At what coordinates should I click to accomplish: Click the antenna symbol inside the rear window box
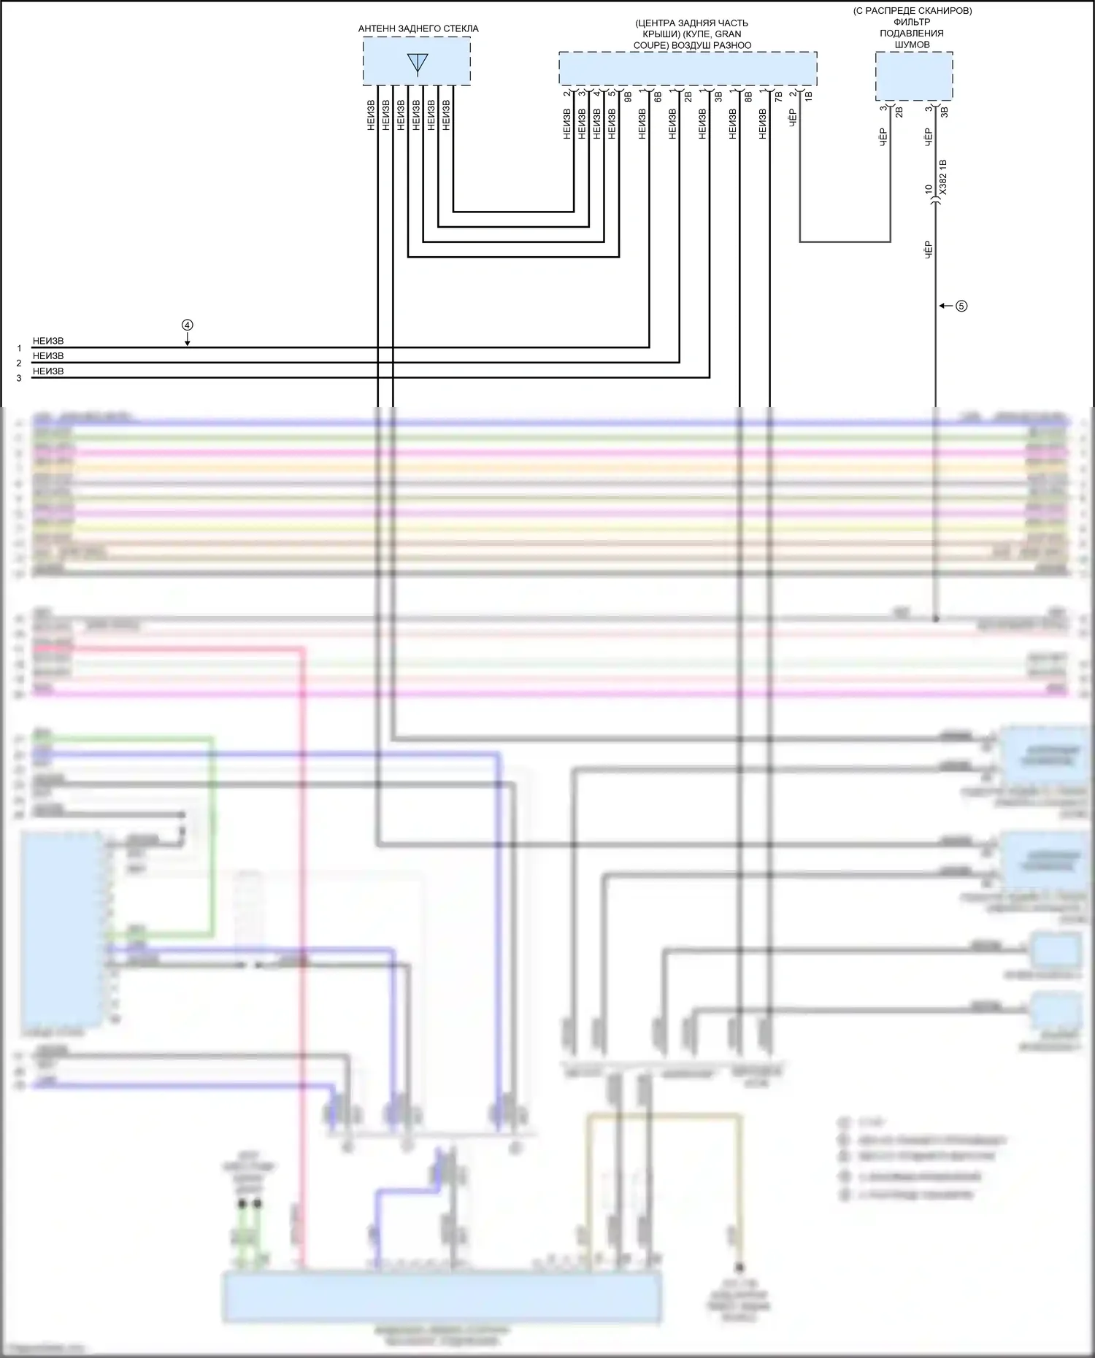point(418,63)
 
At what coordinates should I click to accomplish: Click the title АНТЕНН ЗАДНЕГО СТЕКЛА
point(418,28)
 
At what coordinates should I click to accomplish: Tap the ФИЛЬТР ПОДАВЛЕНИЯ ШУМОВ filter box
point(914,76)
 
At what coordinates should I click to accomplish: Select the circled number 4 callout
point(188,325)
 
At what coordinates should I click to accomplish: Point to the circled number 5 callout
point(961,306)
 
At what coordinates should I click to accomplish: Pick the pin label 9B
point(628,95)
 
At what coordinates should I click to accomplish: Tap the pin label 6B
point(658,95)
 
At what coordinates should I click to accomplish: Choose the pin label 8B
point(748,95)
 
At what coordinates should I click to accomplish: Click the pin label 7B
point(778,95)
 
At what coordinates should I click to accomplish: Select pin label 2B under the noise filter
point(899,112)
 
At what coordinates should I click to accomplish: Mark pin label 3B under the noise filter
point(944,112)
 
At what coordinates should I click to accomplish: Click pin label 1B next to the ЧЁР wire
point(808,95)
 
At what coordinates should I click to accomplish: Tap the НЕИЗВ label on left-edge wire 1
point(48,341)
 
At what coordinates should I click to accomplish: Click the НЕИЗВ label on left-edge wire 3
point(48,371)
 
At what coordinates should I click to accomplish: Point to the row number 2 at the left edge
point(19,363)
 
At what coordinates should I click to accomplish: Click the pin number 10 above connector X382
point(929,189)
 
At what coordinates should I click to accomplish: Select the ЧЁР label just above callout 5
point(929,250)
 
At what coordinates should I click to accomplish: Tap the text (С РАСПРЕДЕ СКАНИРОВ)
point(912,11)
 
